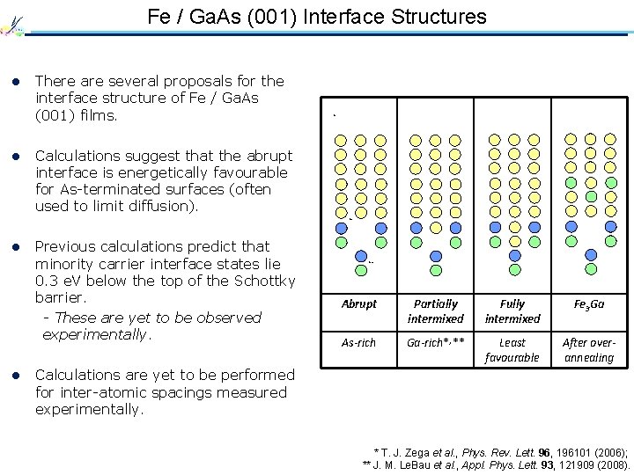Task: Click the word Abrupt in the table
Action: click(x=358, y=303)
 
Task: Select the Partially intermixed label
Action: click(x=436, y=311)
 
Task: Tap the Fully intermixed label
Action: click(x=512, y=311)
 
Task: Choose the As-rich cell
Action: click(x=358, y=342)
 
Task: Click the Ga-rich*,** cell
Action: click(x=436, y=342)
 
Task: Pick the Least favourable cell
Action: click(x=512, y=349)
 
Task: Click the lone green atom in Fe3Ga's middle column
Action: click(x=591, y=197)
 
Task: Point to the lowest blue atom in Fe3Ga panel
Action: click(x=592, y=255)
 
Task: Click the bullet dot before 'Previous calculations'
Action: click(x=15, y=247)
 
